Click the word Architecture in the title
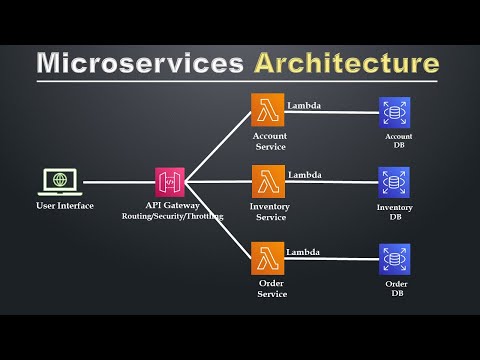click(345, 63)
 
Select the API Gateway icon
click(170, 182)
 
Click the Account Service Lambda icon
click(267, 111)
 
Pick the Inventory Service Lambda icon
click(267, 182)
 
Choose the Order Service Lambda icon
click(267, 258)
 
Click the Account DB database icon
click(394, 111)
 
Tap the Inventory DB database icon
click(394, 182)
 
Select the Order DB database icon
click(394, 258)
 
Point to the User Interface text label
click(64, 205)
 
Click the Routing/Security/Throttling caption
click(171, 215)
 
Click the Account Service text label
click(269, 141)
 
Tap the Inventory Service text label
click(269, 212)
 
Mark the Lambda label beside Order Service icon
click(303, 252)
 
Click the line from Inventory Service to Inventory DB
click(330, 182)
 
